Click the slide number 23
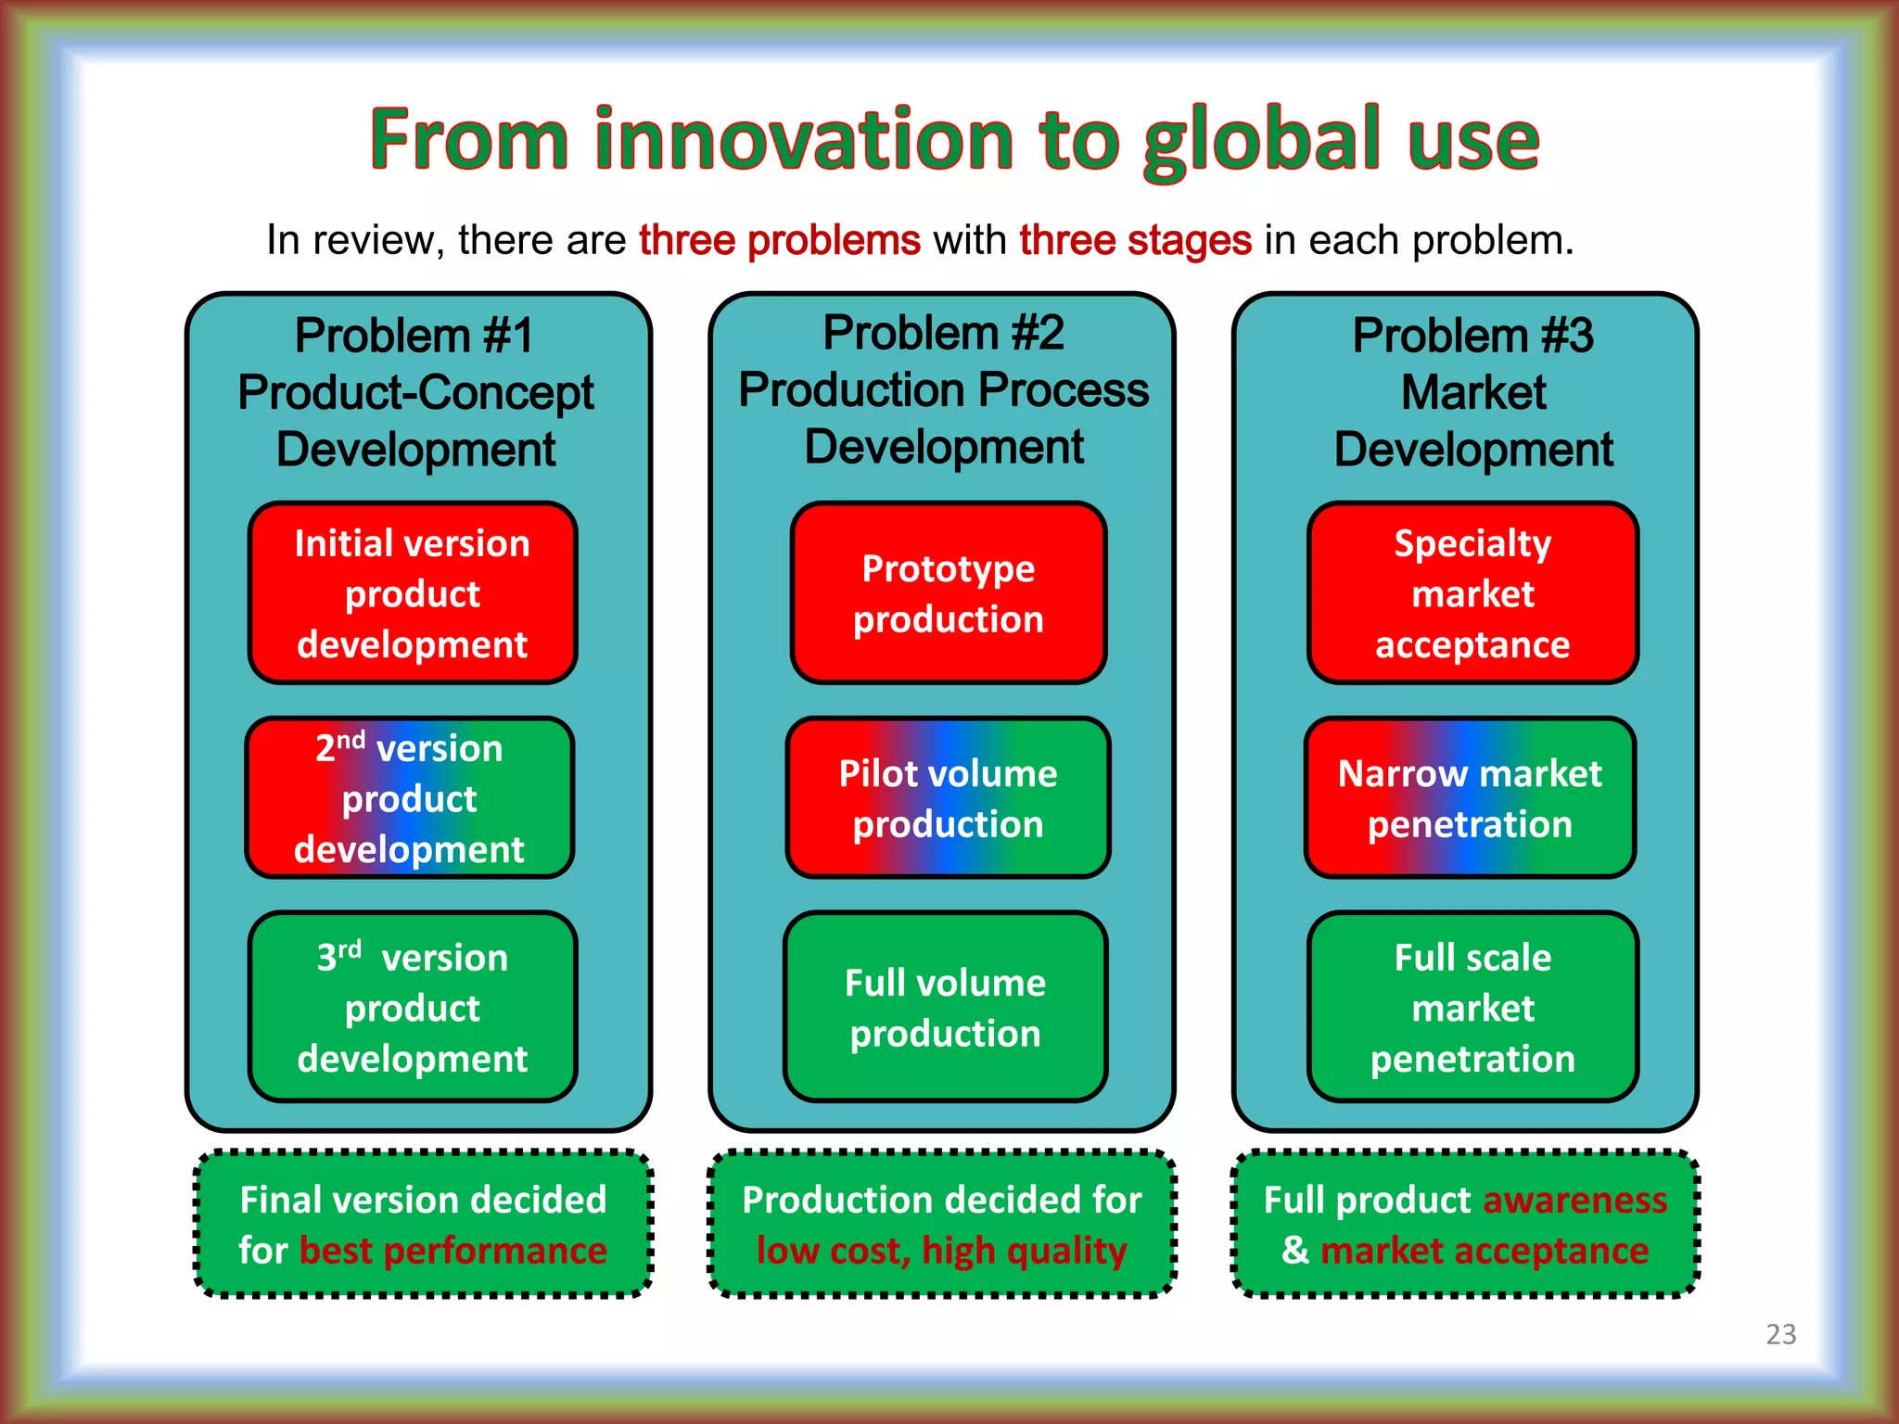(x=1780, y=1334)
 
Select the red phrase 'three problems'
(x=780, y=240)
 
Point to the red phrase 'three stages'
(x=1135, y=240)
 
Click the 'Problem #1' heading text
(x=414, y=336)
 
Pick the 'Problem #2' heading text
(x=943, y=333)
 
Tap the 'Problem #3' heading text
(x=1472, y=336)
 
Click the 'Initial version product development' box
(x=413, y=593)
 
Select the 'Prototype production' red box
(x=948, y=593)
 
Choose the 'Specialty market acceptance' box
(x=1472, y=593)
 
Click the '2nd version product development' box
(x=409, y=798)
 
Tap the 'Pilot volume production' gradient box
(x=948, y=798)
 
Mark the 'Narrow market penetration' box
(x=1470, y=798)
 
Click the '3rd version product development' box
(x=413, y=1008)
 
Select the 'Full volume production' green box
(x=945, y=1008)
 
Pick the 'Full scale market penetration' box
(x=1472, y=1008)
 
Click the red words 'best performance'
(x=452, y=1251)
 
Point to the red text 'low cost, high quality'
(x=941, y=1251)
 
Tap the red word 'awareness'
(x=1574, y=1200)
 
